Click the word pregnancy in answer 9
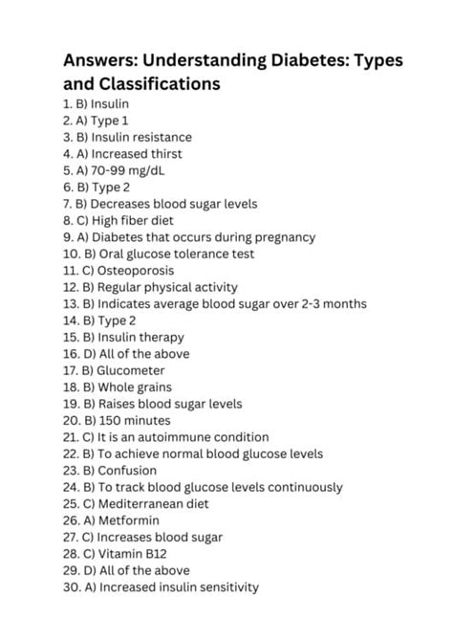[283, 237]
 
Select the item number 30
[73, 587]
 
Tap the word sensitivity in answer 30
[225, 587]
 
